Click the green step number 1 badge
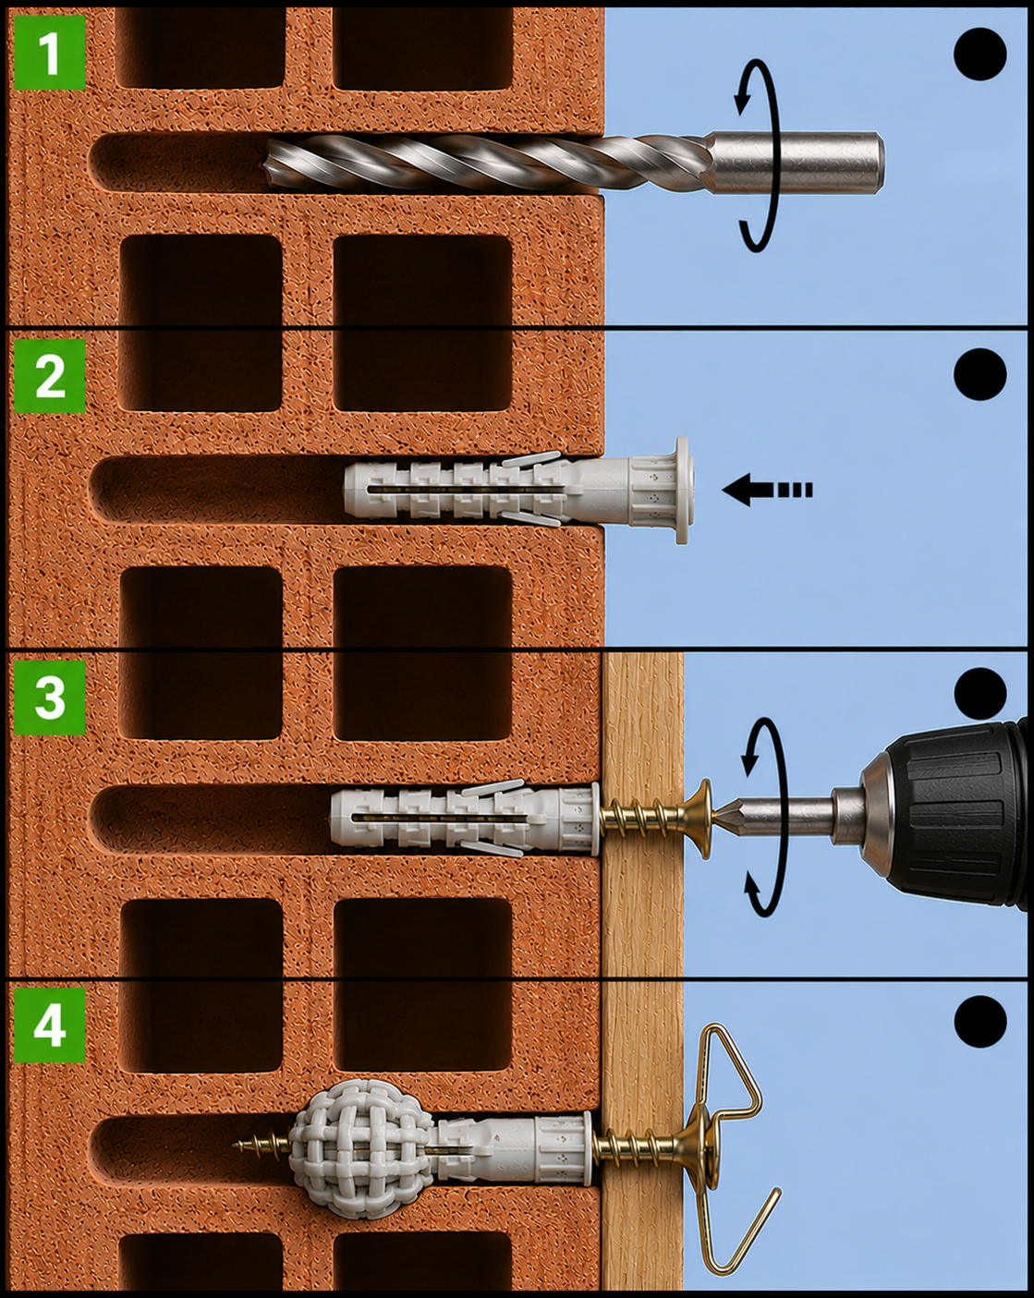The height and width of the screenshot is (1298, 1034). point(50,53)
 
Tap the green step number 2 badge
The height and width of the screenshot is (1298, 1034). point(50,376)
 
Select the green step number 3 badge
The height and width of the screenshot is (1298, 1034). point(50,698)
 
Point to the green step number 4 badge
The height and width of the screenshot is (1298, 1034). point(50,1025)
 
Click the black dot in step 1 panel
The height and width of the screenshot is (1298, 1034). point(979,54)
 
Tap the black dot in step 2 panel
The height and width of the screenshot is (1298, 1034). point(979,374)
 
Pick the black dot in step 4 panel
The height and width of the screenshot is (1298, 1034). point(980,1022)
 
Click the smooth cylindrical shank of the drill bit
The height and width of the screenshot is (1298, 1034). point(797,163)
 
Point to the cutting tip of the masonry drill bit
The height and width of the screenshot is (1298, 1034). point(269,163)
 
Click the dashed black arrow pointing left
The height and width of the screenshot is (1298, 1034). point(767,490)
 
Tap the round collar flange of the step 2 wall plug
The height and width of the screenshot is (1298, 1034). point(682,491)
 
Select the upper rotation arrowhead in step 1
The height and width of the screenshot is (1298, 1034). point(742,96)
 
